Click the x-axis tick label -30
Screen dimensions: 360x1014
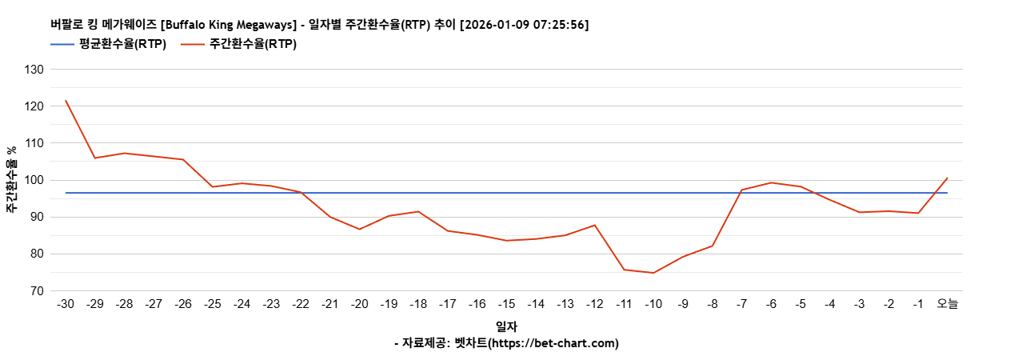coord(66,304)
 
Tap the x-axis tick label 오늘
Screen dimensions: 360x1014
coord(948,304)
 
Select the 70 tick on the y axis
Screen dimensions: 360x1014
coord(36,291)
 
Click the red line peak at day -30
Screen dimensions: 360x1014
coord(66,101)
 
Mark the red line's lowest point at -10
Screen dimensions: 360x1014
coord(653,273)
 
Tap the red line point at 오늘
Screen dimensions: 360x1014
coord(948,178)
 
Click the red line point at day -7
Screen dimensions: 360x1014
coord(741,190)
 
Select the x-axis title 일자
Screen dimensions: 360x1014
coord(506,326)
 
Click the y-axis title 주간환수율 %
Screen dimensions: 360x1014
coord(12,180)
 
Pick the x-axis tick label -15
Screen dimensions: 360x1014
coord(506,304)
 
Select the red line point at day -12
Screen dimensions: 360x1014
coord(595,225)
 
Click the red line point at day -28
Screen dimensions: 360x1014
coord(125,153)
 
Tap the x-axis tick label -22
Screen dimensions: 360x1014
coord(301,304)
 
